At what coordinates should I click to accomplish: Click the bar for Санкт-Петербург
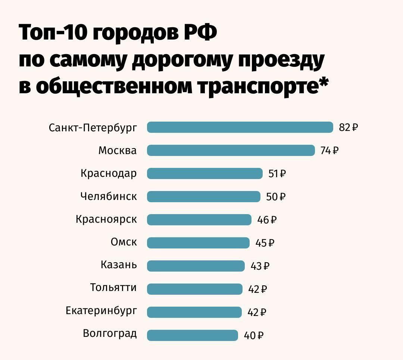pos(240,127)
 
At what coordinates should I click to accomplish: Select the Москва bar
pos(231,150)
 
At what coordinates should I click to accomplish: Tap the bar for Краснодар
pos(205,173)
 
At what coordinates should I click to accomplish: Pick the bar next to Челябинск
pos(204,197)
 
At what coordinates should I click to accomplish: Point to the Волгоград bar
pos(193,335)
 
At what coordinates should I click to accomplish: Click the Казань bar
pos(196,266)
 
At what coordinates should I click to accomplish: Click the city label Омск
pos(124,242)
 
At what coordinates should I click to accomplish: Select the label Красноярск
pos(106,219)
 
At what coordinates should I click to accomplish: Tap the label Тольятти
pos(113,288)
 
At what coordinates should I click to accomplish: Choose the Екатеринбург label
pos(101,310)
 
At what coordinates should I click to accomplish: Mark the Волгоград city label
pos(110,333)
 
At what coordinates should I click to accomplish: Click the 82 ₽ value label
pos(348,128)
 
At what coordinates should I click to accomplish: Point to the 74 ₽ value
pos(329,151)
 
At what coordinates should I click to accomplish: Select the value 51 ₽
pos(277,174)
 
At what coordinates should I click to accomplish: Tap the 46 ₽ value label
pos(267,220)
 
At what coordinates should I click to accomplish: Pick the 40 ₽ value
pos(254,336)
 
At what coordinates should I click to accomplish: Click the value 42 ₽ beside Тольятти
pos(257,289)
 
